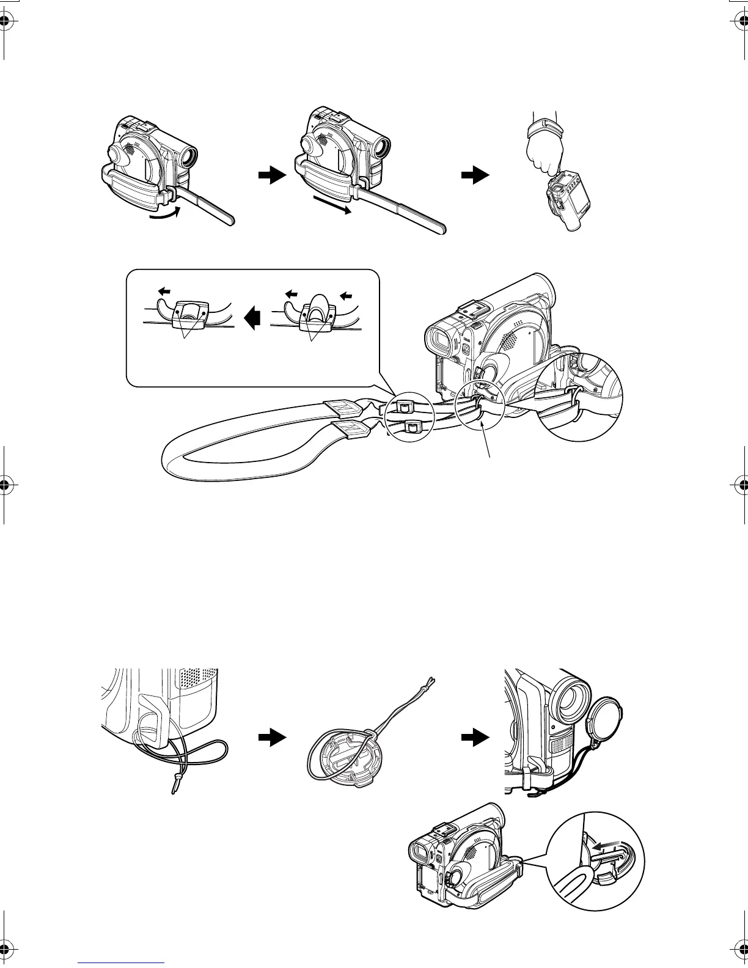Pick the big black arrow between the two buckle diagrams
(x=252, y=318)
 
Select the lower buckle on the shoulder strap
(x=413, y=427)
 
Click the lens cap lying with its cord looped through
(x=342, y=752)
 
